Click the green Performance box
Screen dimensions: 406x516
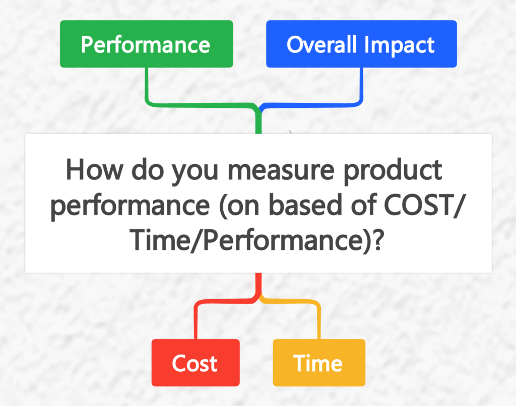146,44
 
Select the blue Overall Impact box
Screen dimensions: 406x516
361,44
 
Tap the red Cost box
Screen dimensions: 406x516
195,363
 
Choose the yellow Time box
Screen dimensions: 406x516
318,363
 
